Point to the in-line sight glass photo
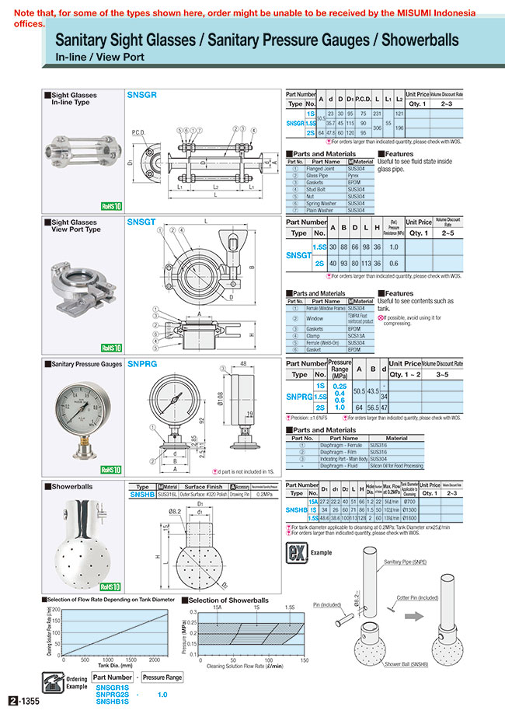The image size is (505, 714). pos(82,151)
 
